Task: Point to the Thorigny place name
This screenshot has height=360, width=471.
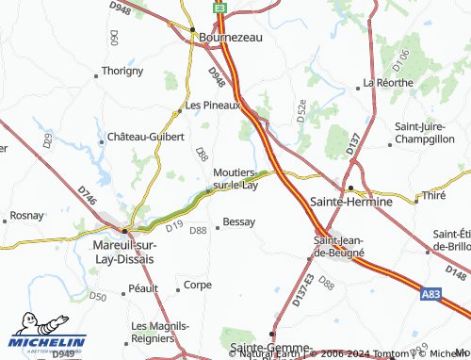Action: point(122,71)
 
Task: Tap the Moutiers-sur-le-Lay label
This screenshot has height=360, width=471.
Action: point(235,179)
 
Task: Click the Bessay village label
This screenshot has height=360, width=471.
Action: point(239,223)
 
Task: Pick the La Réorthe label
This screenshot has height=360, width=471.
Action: point(387,83)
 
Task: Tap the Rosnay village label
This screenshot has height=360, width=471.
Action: point(27,215)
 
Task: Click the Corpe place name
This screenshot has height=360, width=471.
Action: point(198,285)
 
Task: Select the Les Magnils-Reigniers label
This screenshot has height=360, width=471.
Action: point(159,332)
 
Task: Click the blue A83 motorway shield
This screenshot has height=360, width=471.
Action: point(430,295)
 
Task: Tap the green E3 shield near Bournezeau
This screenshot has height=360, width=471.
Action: point(219,7)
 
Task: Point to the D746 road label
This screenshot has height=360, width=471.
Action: point(87,196)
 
